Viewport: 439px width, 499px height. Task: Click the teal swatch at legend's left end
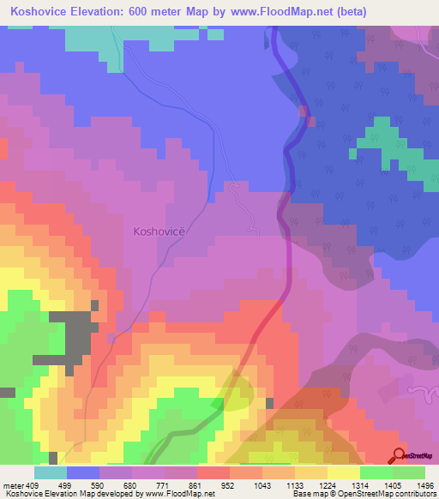pyautogui.click(x=50, y=472)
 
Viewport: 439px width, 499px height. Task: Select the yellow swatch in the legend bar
pyautogui.click(x=343, y=472)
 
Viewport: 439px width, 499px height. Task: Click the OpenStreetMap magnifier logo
pyautogui.click(x=397, y=455)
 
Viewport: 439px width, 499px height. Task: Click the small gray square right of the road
pyautogui.click(x=270, y=403)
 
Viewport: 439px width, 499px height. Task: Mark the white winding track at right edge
pyautogui.click(x=422, y=392)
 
